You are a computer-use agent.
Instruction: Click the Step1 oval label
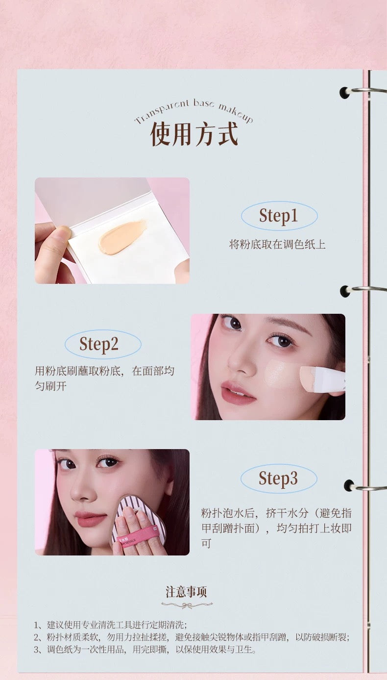(x=279, y=216)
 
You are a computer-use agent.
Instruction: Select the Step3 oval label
(x=278, y=479)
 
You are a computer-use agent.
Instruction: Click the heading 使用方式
(x=194, y=133)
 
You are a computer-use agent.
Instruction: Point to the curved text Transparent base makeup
(x=194, y=111)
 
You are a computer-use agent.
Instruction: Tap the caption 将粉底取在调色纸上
(x=277, y=244)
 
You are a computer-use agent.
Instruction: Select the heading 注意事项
(x=186, y=592)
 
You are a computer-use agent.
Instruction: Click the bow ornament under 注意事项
(x=186, y=605)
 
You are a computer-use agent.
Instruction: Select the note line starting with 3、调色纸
(x=145, y=650)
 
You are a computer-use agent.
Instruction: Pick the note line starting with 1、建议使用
(x=110, y=625)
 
